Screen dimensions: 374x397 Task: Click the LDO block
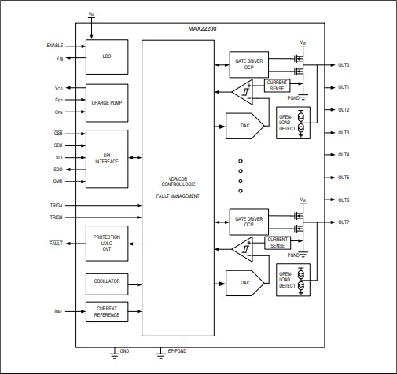106,57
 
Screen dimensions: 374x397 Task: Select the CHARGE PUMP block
106,101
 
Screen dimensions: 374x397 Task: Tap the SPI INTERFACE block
106,158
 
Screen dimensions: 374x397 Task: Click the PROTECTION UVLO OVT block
106,244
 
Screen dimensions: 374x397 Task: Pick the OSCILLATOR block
106,281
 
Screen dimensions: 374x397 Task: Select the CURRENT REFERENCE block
106,311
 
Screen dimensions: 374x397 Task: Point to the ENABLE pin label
55,46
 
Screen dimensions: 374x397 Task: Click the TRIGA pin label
56,205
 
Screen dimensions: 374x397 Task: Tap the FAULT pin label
56,244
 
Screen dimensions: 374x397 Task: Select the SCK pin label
58,145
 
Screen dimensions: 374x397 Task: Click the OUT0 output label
344,64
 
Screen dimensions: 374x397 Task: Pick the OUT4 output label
344,155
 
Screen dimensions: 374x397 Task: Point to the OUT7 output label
344,222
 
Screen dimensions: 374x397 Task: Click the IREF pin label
58,311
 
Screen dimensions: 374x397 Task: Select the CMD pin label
58,181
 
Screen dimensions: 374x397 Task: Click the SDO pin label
58,170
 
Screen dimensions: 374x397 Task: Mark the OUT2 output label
344,109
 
